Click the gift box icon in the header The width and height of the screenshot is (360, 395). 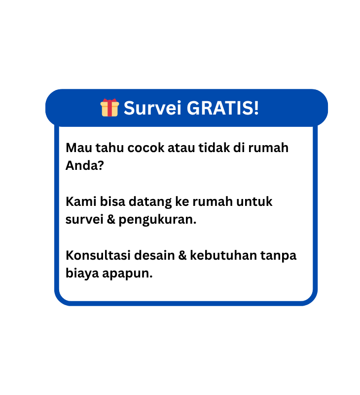coord(109,108)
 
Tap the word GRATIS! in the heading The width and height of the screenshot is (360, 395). coord(222,108)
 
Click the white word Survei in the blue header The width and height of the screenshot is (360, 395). coord(152,108)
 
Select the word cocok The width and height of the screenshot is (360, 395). coord(146,148)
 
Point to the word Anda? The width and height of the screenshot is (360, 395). coord(84,165)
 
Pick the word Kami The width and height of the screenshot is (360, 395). coord(81,201)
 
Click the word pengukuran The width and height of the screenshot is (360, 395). coord(157,220)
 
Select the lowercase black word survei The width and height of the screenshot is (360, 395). coord(84,219)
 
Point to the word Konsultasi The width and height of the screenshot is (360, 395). coord(98,255)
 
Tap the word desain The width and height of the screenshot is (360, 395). coord(154,255)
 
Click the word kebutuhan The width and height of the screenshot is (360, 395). coord(223,255)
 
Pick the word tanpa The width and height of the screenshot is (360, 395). coord(278,256)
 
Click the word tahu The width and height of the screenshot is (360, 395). coord(109,148)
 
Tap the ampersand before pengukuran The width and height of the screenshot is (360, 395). coord(110,219)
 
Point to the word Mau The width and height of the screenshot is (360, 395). coord(79,148)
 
